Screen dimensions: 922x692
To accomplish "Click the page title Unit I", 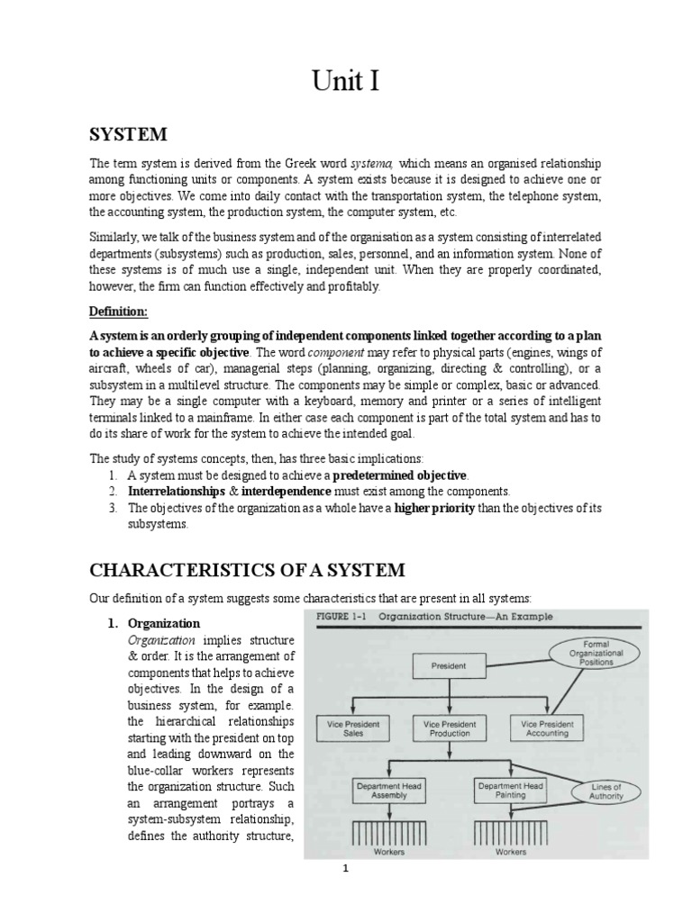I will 346,82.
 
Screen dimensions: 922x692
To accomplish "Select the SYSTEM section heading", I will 127,134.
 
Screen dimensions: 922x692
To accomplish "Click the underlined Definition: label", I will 117,311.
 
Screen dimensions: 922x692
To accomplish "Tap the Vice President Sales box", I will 353,728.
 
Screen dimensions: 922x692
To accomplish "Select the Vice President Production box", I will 450,728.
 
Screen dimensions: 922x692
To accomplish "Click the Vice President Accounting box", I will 547,728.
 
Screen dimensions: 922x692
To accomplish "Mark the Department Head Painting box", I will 509,791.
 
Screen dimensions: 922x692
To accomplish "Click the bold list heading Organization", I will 164,623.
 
